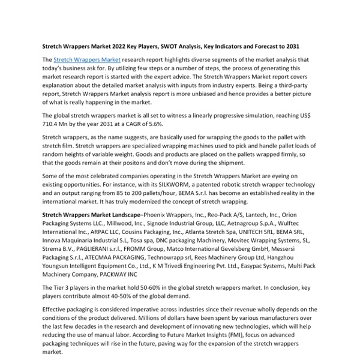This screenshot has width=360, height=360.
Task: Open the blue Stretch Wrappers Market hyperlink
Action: click(87, 60)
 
